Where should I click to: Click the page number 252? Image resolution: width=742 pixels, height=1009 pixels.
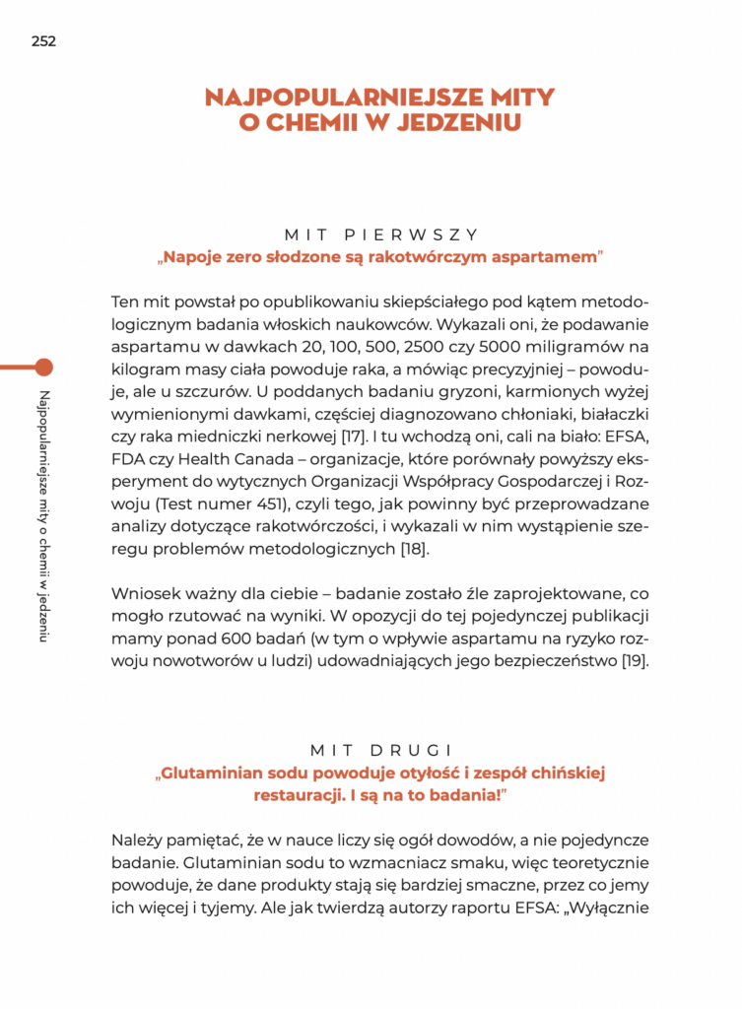point(43,41)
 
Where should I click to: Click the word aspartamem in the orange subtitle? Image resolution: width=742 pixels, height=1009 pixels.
point(543,258)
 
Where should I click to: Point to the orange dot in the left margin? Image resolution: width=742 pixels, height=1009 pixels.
point(43,368)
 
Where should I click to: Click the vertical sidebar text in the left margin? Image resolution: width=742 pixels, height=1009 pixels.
point(43,503)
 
